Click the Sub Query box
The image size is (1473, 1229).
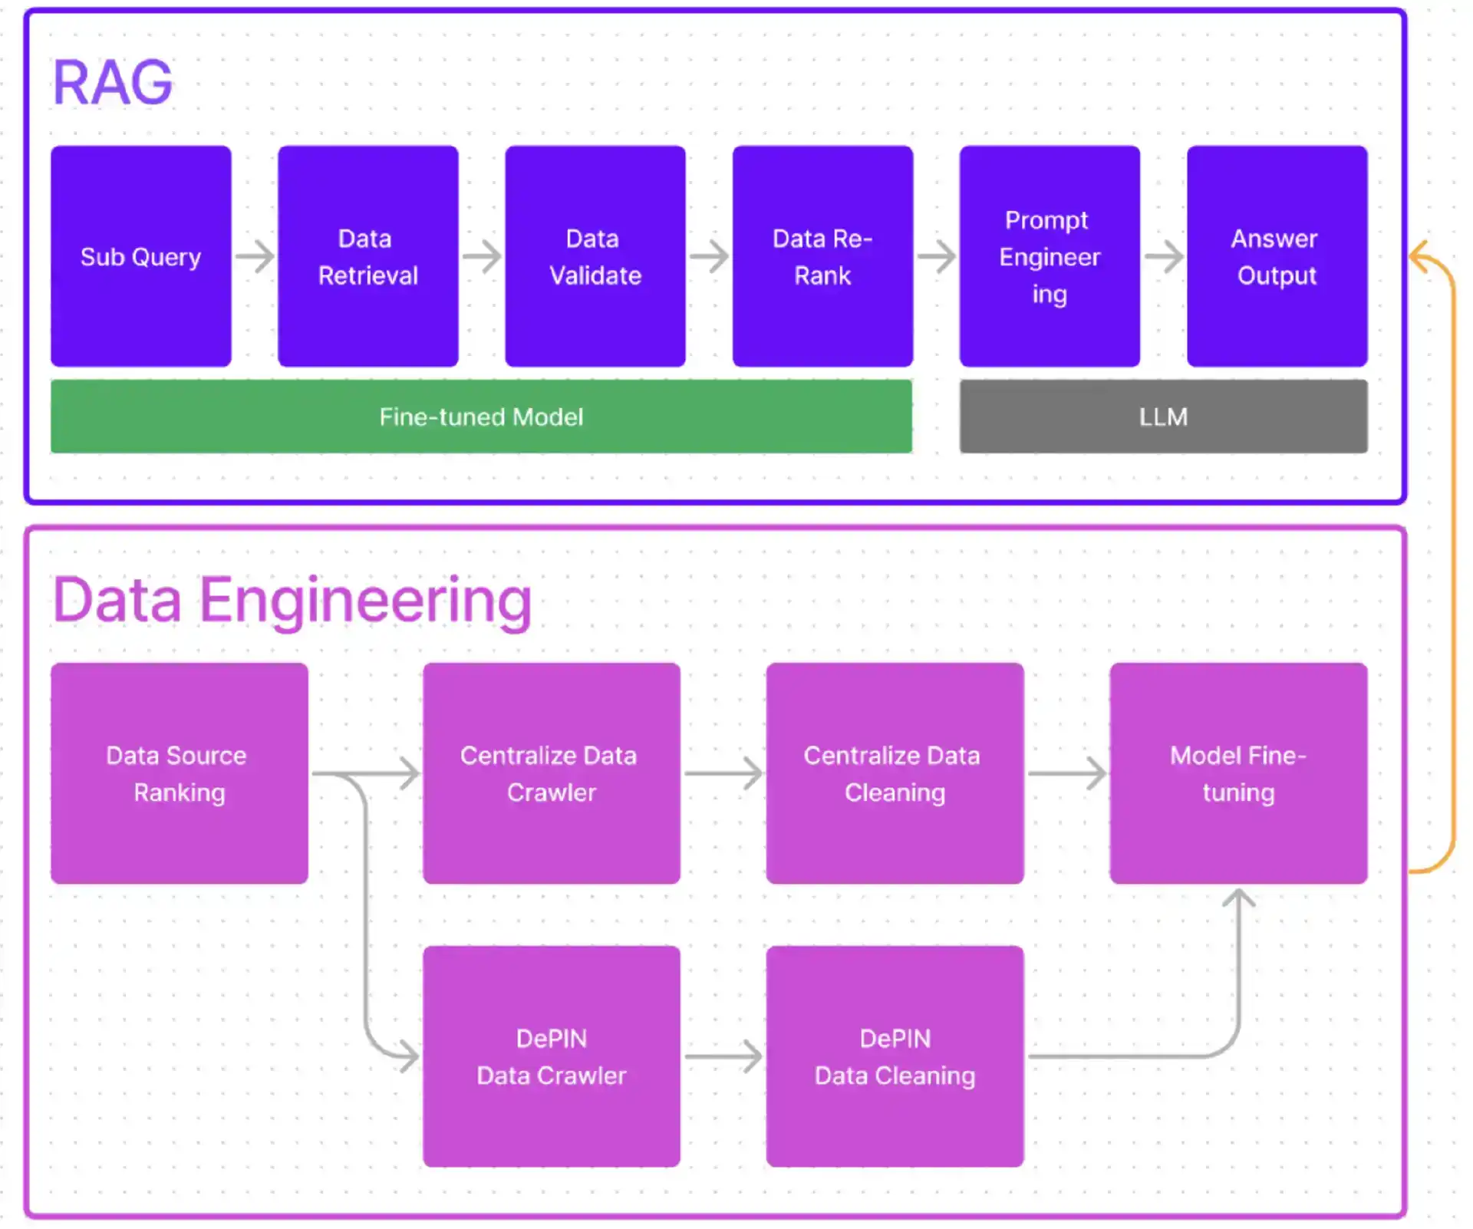[x=141, y=256]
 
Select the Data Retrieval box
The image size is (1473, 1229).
[x=368, y=256]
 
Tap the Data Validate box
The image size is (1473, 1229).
[x=595, y=256]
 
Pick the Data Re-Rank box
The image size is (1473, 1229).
[x=822, y=256]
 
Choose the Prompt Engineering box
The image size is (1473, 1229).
[x=1050, y=256]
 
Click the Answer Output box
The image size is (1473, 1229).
[x=1277, y=256]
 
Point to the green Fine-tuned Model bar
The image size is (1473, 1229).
[x=481, y=417]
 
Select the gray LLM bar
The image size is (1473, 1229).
[x=1163, y=417]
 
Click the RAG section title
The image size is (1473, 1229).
[x=113, y=82]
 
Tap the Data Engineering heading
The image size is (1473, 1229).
[x=292, y=600]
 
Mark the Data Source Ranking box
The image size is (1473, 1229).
[x=180, y=773]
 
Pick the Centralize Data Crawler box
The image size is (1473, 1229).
[x=551, y=773]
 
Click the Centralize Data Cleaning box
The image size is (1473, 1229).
[x=895, y=773]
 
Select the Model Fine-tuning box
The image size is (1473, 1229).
[x=1238, y=773]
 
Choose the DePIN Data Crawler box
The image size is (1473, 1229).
[x=551, y=1056]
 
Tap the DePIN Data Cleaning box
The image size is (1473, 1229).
[x=895, y=1056]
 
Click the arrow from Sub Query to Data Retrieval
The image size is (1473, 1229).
[x=255, y=256]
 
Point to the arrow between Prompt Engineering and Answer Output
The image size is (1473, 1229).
[x=1164, y=256]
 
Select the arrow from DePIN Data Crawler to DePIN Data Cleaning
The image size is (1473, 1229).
[x=723, y=1056]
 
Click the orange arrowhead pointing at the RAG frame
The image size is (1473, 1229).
[x=1419, y=257]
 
